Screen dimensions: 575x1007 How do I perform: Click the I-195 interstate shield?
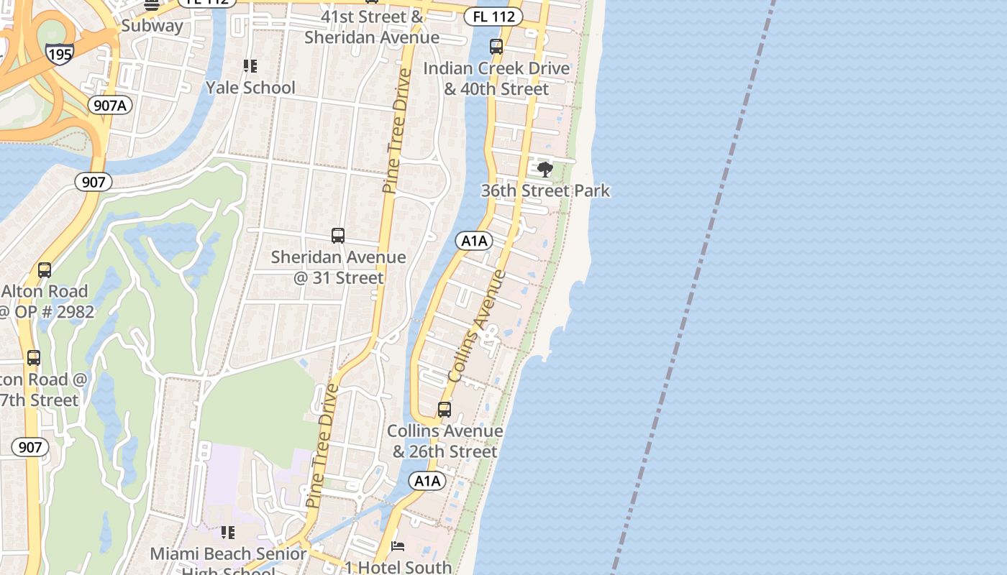point(59,54)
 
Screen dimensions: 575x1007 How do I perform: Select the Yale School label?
point(250,88)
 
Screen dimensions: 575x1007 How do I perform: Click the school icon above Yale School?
point(250,66)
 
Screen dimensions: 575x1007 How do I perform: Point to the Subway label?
point(152,26)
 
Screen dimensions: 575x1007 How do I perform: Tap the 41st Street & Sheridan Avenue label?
point(371,27)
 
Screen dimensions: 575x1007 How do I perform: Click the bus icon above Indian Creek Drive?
point(496,47)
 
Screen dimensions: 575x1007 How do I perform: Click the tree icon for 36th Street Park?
point(545,170)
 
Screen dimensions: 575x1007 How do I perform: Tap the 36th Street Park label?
point(545,190)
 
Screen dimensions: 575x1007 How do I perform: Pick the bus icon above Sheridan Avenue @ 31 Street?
point(338,235)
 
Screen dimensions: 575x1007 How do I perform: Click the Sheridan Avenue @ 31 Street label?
point(338,267)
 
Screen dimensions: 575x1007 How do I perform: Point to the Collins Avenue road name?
point(477,326)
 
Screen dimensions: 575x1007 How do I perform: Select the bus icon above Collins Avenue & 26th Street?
point(445,410)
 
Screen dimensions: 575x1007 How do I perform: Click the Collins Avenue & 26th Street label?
point(445,441)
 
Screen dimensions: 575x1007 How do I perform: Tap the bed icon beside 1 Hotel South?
point(397,546)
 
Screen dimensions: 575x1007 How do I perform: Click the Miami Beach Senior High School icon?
point(228,533)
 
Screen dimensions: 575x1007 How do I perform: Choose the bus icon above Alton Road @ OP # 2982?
point(45,270)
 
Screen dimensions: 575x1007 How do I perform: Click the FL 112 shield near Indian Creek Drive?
point(493,16)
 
